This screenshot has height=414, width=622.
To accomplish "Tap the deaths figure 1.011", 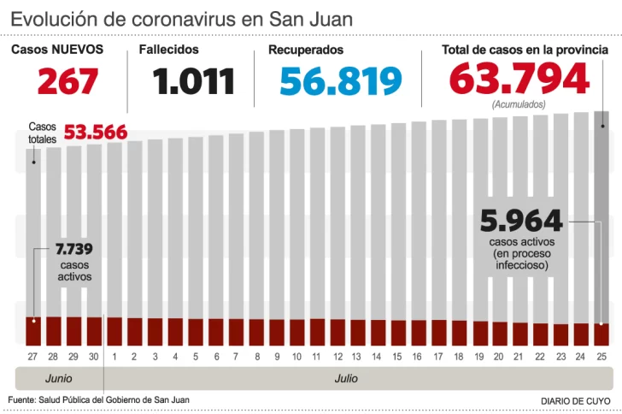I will coord(194,80).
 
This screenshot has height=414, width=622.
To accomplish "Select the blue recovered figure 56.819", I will coord(341,80).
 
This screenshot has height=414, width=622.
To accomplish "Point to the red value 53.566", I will coord(96,132).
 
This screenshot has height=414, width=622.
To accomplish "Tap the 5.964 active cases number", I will coord(522,222).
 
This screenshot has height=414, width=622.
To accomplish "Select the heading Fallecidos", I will coord(169,50).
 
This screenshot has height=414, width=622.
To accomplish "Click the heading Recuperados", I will coord(306,50).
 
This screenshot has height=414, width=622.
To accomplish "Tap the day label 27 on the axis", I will coord(33,355).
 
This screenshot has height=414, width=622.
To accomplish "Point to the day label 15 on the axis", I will coord(398,355).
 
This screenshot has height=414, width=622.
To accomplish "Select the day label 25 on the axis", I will coord(601,355).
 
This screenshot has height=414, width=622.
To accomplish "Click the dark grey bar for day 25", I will coord(601,214).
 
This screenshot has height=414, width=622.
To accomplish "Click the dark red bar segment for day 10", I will coord(297,332).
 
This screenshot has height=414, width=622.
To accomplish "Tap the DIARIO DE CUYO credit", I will coord(576,400).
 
